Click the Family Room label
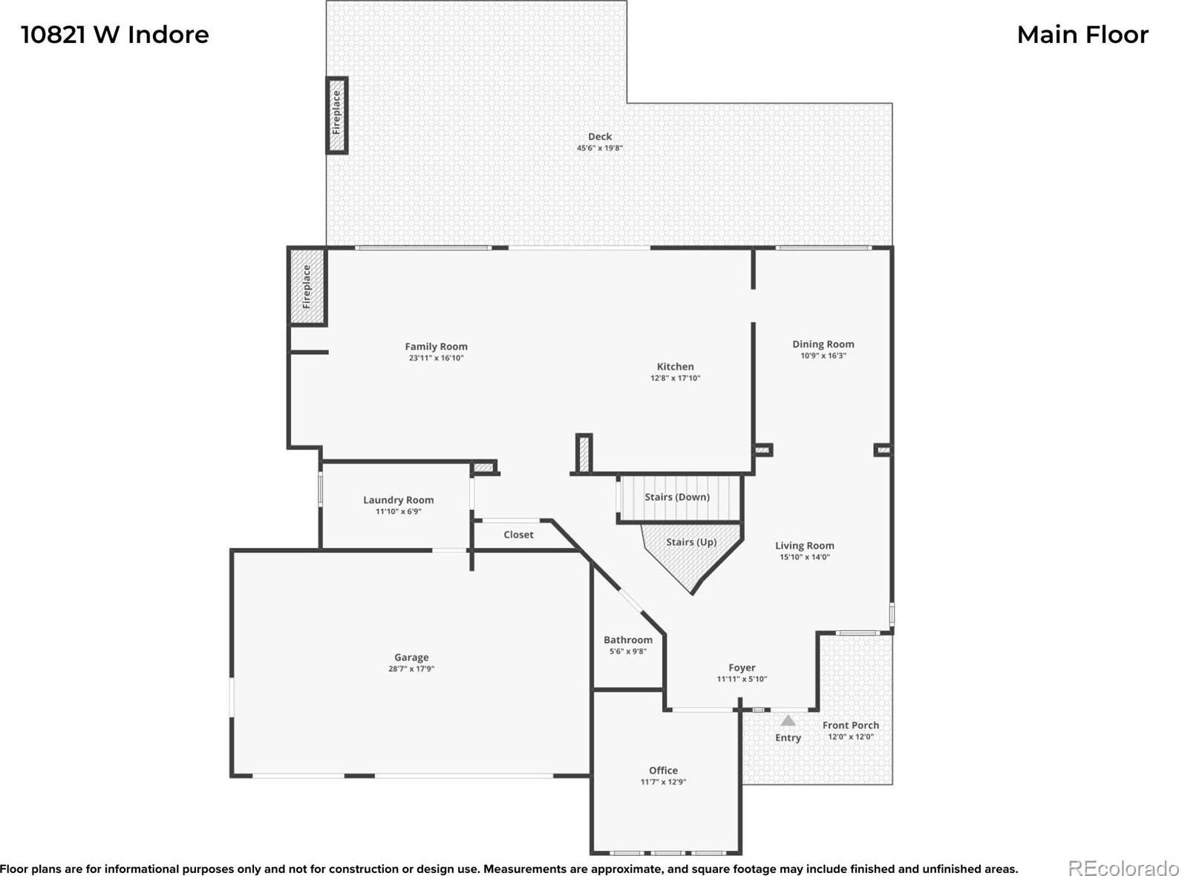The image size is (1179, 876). click(x=436, y=347)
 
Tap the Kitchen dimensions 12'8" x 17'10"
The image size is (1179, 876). click(x=675, y=379)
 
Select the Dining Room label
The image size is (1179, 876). click(x=823, y=344)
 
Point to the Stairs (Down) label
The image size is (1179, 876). click(x=676, y=497)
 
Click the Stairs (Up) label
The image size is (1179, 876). click(x=691, y=542)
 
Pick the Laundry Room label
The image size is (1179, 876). click(x=398, y=500)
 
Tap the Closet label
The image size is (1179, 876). click(x=518, y=535)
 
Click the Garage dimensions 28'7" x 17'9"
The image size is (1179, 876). click(x=411, y=669)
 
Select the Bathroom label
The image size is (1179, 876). click(x=628, y=640)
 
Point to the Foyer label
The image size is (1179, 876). click(x=742, y=667)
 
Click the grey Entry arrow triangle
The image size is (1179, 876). click(x=788, y=721)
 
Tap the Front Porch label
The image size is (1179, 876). click(x=851, y=725)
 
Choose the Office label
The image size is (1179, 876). click(x=663, y=771)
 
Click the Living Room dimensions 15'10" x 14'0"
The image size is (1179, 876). click(x=804, y=557)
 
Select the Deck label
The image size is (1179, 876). click(x=600, y=137)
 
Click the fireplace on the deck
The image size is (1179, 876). click(x=336, y=115)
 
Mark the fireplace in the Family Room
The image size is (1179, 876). click(x=307, y=286)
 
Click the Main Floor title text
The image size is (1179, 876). click(x=1082, y=35)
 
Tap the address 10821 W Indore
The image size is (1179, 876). click(x=115, y=35)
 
